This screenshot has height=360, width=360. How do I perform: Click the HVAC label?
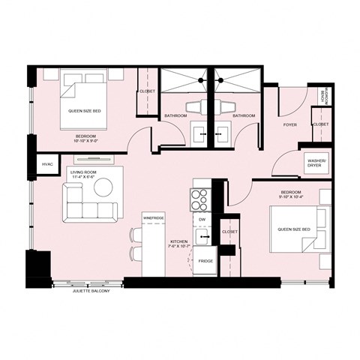[46, 163]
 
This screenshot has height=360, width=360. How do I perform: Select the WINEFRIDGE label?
[153, 218]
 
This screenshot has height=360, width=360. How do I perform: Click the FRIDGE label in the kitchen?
[205, 260]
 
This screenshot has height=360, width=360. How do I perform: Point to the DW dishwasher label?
[202, 220]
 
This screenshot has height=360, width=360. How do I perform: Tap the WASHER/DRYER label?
[314, 163]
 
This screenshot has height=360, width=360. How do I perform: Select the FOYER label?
[290, 124]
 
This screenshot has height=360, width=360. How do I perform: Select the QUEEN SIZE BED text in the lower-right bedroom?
[295, 230]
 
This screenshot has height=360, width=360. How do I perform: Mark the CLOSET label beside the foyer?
[319, 124]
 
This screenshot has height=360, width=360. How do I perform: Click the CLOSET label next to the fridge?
[229, 232]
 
